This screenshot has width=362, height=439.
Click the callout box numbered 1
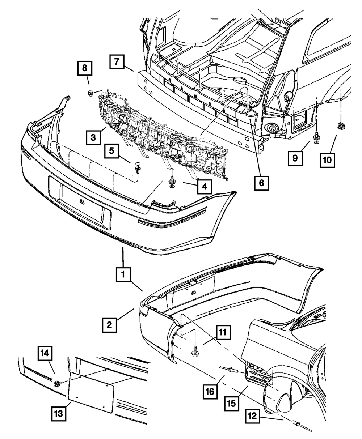coord(123,275)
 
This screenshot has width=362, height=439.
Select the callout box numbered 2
coord(109,324)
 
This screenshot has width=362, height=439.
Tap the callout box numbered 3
coord(93,137)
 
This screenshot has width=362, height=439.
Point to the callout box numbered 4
coord(205,187)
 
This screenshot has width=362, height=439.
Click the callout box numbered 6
coord(261,183)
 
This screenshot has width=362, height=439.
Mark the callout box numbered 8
coord(84,68)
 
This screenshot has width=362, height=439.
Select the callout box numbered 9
coord(295,158)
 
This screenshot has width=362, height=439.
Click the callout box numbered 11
coord(223,332)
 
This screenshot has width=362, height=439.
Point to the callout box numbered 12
coord(253,417)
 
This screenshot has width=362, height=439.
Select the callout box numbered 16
coord(209,392)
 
